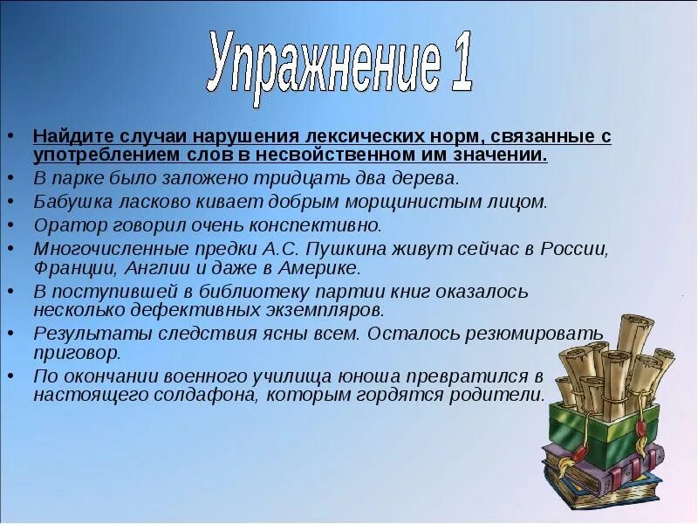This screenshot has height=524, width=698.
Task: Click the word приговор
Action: coord(76,354)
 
